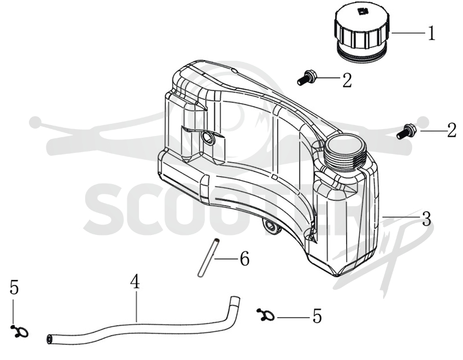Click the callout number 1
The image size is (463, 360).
point(431,33)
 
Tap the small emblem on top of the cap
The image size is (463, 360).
point(362,12)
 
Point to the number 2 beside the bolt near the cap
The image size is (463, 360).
point(347,80)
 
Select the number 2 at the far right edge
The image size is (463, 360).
point(452,130)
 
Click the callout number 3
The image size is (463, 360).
point(426,219)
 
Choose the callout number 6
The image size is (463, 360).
point(244,258)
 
